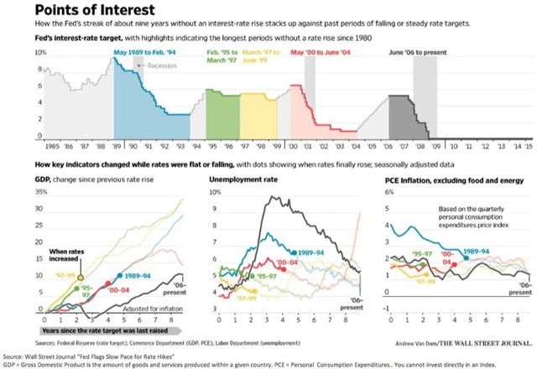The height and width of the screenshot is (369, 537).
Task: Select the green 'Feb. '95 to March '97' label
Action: coord(222,55)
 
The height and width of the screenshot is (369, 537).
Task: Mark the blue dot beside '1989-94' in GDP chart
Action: coord(114,276)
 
